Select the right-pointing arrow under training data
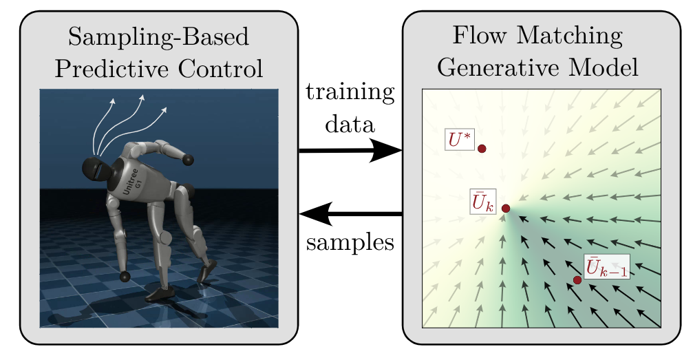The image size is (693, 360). [350, 150]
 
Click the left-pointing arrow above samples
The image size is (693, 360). [350, 214]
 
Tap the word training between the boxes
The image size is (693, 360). [350, 93]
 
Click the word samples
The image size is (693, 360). [350, 242]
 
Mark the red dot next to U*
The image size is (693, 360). [482, 148]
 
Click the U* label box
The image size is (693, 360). [459, 140]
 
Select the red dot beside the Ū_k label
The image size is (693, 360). [506, 209]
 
